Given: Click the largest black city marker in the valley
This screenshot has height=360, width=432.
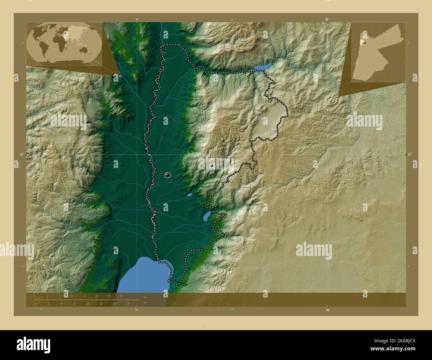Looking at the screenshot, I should coord(167,175).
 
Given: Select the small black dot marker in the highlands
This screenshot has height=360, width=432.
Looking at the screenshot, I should coord(212,165).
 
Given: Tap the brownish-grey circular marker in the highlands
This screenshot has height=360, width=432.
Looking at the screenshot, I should coord(223,140).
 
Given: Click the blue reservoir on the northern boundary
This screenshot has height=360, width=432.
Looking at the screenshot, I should coord(263,67).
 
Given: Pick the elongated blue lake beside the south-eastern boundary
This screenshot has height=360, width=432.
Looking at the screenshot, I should coord(207,216).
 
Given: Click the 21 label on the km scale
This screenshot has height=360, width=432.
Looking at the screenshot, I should coord(122,296).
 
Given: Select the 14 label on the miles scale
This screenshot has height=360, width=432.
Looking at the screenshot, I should coord(128,304).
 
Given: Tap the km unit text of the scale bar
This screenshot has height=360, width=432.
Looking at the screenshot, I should coord(145,297).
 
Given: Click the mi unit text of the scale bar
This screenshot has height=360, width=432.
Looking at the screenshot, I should coord(145,303).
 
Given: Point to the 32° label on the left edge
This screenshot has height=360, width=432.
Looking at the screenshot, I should coord(22,154).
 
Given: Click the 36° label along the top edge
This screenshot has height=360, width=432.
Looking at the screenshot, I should coord(327,20).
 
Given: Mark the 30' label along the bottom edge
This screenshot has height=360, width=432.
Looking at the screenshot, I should coord(136,310).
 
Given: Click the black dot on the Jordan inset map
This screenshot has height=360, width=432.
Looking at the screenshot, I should coord(365,43).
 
